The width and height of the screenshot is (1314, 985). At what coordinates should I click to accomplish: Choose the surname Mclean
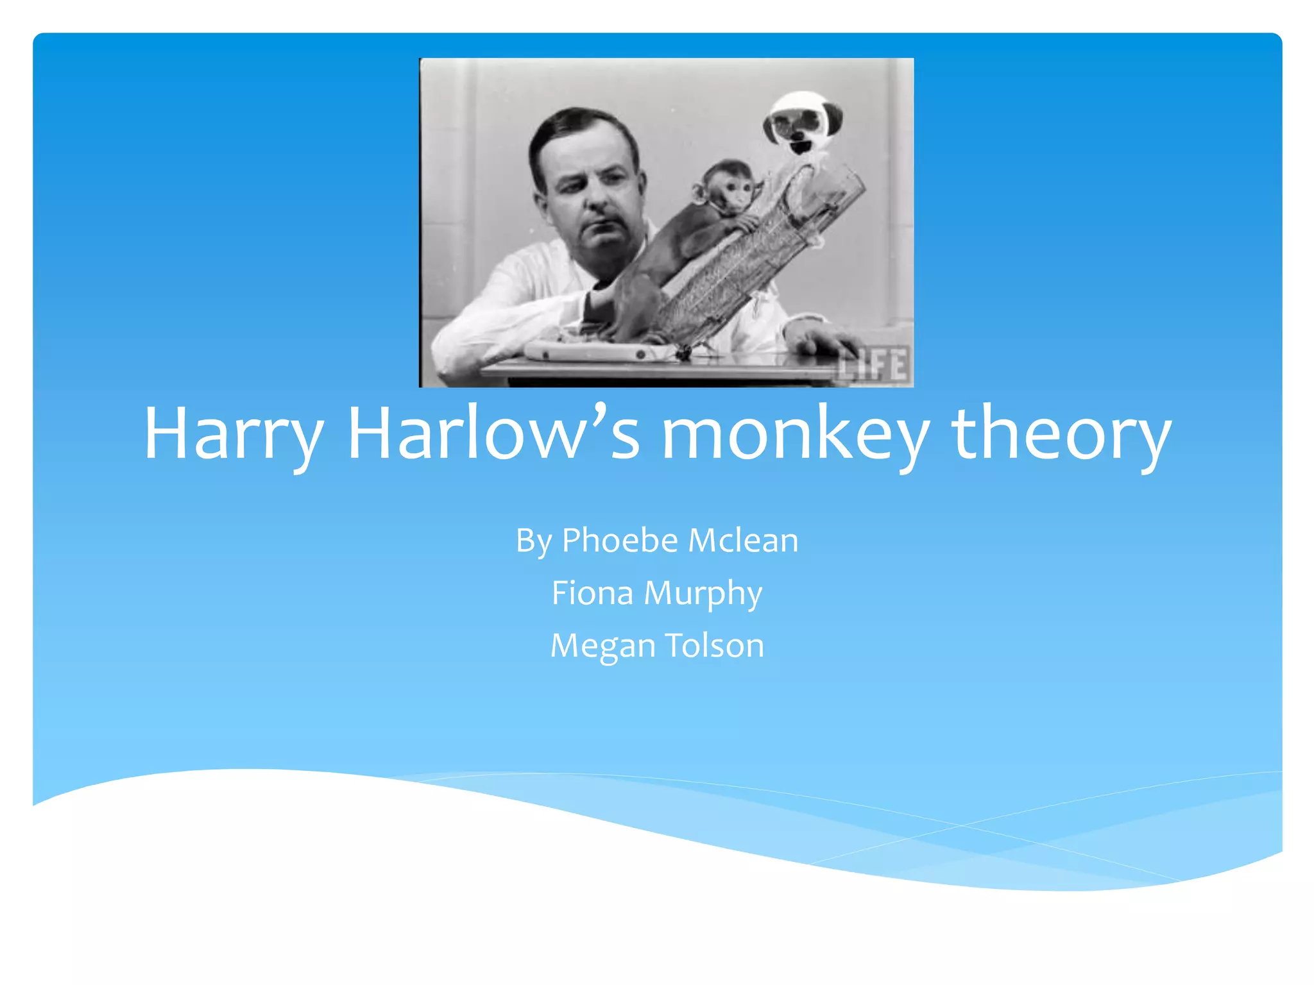click(744, 540)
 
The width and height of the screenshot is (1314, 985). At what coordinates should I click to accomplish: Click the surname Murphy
click(703, 594)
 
